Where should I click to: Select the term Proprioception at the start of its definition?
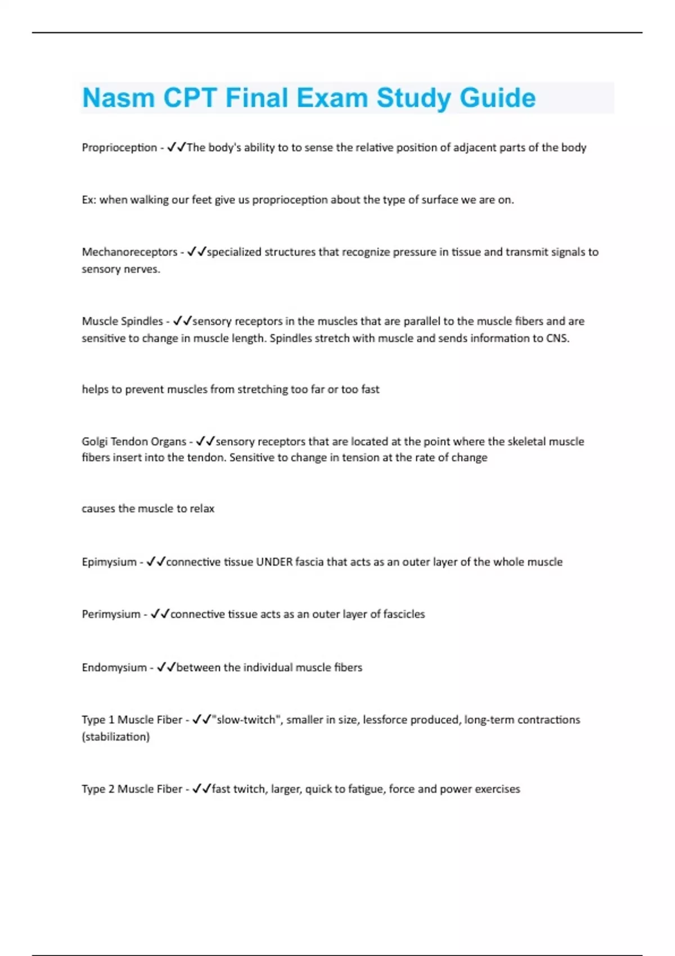tap(119, 147)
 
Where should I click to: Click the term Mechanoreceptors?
tap(129, 252)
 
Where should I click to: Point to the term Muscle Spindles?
tap(122, 321)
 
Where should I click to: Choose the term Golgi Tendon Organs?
tap(134, 441)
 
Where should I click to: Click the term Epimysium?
tap(109, 562)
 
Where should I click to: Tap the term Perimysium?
tap(111, 614)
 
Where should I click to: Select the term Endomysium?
tap(114, 668)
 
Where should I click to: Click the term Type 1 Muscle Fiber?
tap(132, 720)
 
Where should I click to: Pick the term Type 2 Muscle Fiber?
tap(132, 789)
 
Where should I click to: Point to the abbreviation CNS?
tap(557, 338)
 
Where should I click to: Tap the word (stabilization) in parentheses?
tap(116, 737)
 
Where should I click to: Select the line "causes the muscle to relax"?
tap(148, 508)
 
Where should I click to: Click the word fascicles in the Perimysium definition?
tap(404, 614)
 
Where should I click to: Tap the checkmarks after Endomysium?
tap(166, 668)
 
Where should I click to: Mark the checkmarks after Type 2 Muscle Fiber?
tap(201, 789)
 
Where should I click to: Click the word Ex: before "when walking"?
tap(89, 200)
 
